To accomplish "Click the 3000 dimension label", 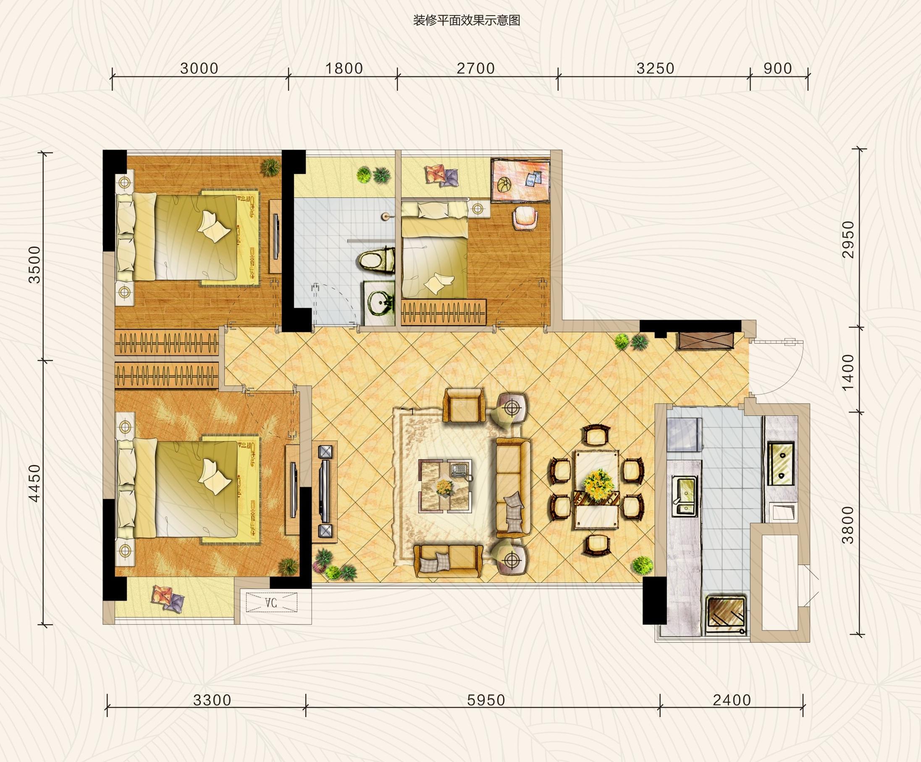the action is (x=199, y=68).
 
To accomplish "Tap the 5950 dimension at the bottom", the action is (x=486, y=700).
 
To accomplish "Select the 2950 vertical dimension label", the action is (x=849, y=239).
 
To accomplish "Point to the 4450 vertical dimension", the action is (x=34, y=483).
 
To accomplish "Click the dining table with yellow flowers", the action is (x=596, y=490).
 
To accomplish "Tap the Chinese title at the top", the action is (x=467, y=20).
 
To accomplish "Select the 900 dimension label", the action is (x=778, y=68).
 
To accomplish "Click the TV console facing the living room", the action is (x=325, y=491).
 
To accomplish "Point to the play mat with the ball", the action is (x=521, y=181).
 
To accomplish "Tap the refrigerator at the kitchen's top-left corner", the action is (x=684, y=435).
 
